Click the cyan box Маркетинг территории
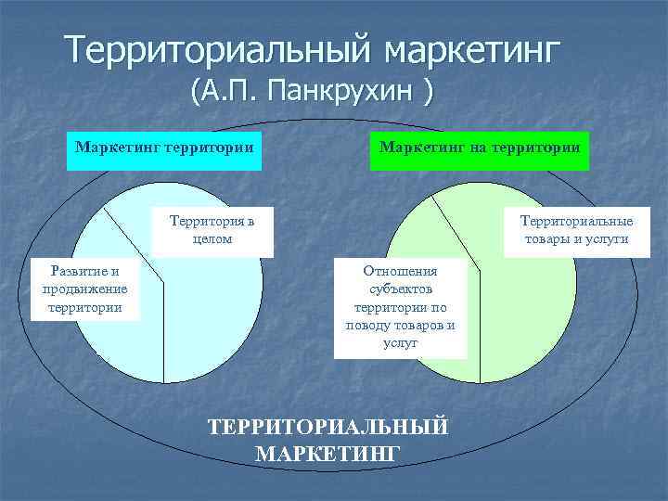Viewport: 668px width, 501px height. [x=164, y=148]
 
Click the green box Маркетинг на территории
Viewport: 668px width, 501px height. [x=480, y=148]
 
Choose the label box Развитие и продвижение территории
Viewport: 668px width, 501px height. [x=84, y=289]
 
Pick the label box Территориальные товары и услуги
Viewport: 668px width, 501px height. [x=576, y=230]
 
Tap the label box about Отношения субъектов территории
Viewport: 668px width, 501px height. [x=400, y=306]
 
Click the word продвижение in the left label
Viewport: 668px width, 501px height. [x=84, y=289]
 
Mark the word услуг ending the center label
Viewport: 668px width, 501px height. [x=400, y=342]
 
